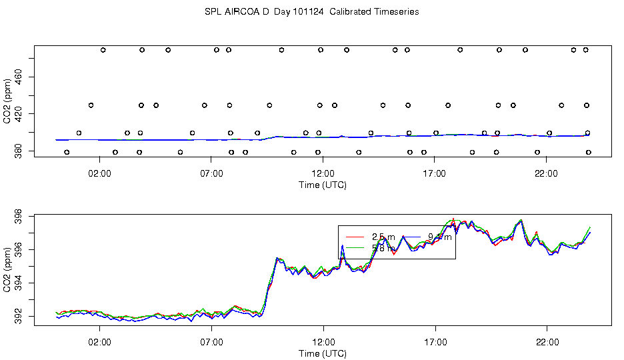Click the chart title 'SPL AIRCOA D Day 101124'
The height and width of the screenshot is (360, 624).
click(311, 12)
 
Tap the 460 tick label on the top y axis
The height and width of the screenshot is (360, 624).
click(19, 78)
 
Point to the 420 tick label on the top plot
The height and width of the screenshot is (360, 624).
click(19, 114)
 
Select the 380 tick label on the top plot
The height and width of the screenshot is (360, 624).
click(19, 151)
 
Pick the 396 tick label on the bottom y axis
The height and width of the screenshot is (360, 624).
click(19, 249)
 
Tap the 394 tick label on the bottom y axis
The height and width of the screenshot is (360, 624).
click(19, 283)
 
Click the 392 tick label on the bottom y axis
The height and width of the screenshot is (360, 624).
click(19, 317)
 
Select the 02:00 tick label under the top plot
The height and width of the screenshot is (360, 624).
click(99, 174)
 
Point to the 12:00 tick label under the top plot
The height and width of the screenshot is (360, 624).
click(323, 174)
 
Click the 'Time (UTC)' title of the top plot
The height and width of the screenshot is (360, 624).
click(323, 185)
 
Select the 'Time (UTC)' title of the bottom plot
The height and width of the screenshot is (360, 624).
click(323, 353)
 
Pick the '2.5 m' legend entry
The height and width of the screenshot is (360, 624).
click(383, 237)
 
